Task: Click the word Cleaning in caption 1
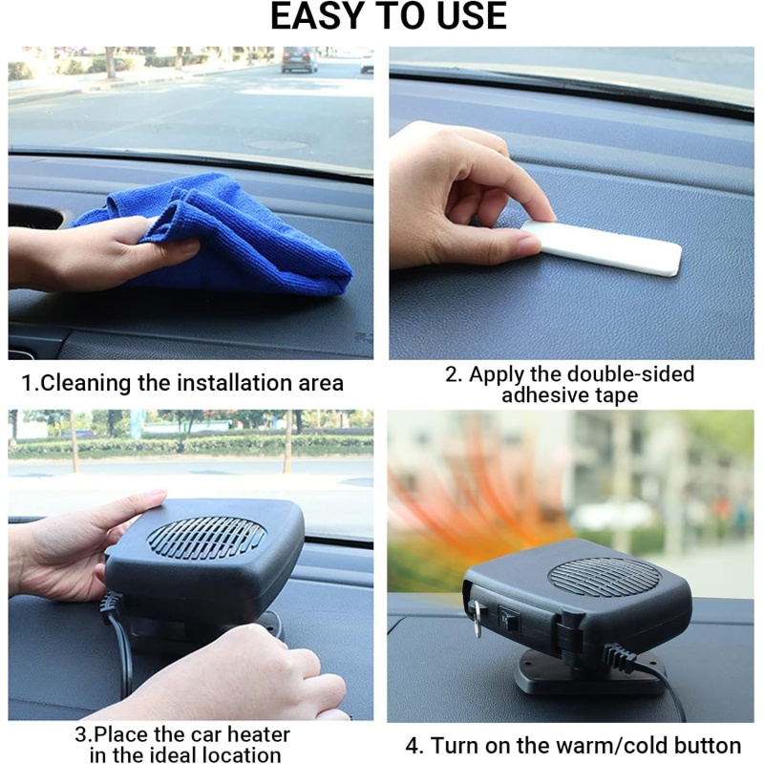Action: point(85,384)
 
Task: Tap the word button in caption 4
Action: point(708,746)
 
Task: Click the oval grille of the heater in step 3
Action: point(206,538)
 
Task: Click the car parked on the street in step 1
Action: point(300,59)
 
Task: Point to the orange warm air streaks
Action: point(477,516)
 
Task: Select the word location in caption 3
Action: point(246,755)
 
